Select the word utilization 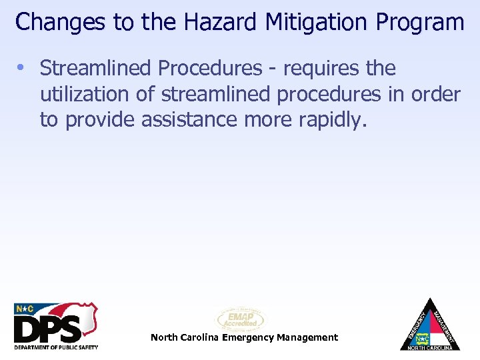coord(85,95)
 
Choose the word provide coord(99,121)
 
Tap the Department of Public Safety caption coord(56,347)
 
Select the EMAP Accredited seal coord(240,319)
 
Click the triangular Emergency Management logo coord(430,326)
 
